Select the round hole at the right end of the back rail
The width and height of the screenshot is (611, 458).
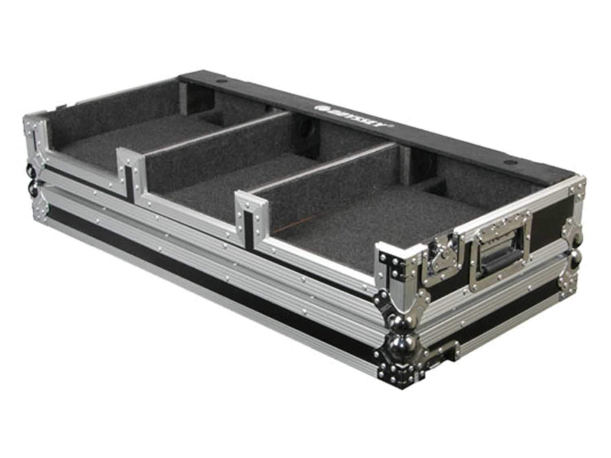tap(508, 163)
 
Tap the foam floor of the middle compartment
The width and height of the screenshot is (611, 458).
tap(220, 186)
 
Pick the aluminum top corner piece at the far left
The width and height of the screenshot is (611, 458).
tap(36, 127)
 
